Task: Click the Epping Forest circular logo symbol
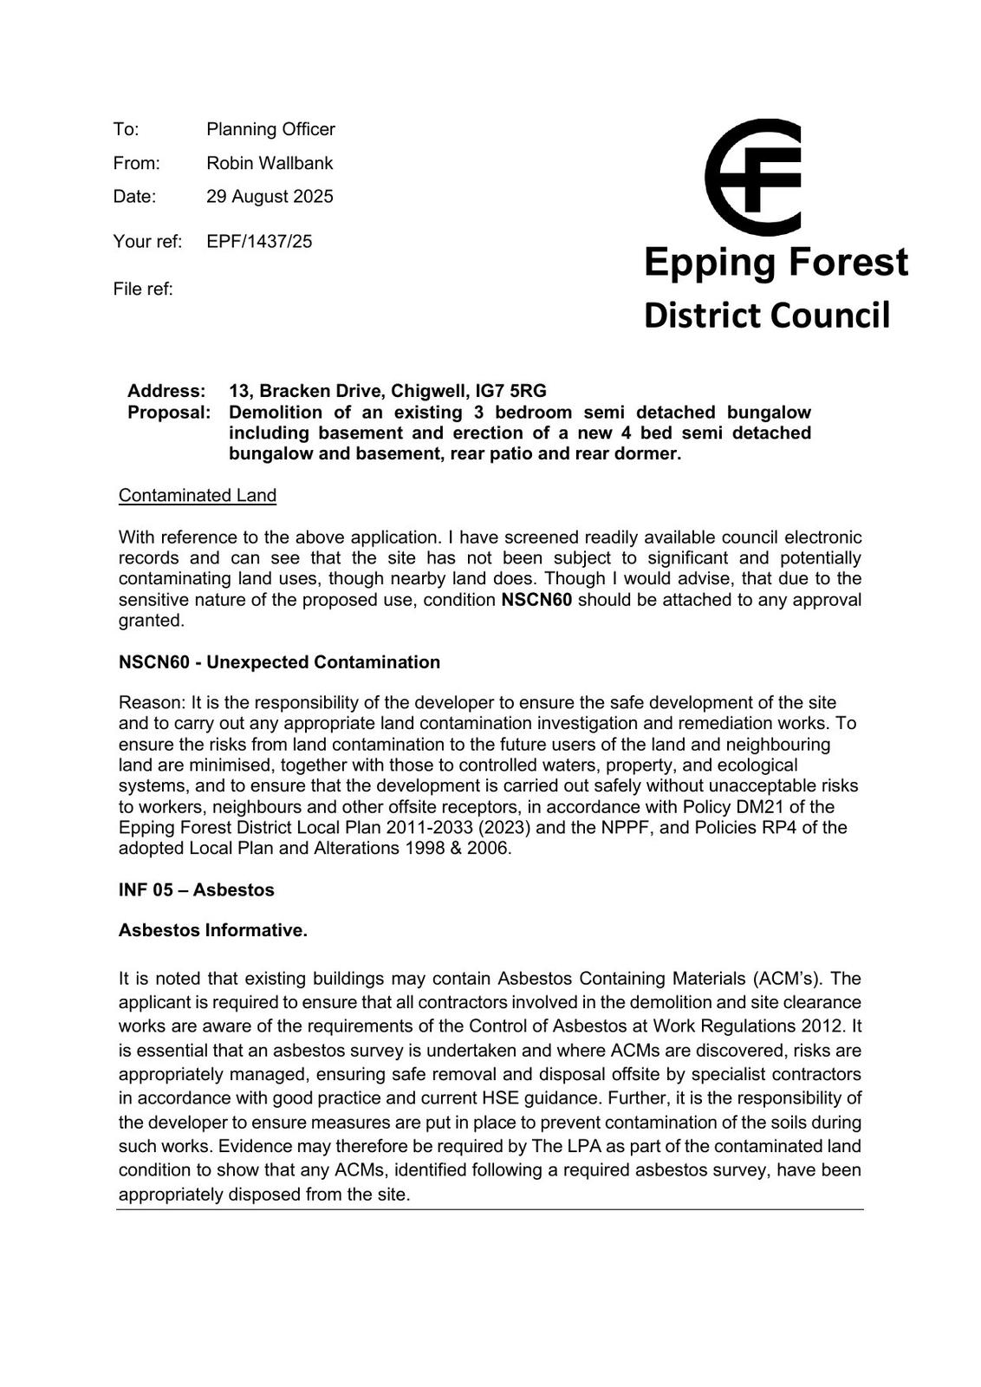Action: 753,177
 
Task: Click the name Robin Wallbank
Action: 270,163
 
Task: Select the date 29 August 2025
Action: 270,197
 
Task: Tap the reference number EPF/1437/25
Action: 259,241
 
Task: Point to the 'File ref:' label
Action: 143,289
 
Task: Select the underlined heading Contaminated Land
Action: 198,495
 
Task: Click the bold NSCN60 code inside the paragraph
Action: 536,600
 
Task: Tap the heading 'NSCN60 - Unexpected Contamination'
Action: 279,662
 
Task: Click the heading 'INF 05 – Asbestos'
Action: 196,890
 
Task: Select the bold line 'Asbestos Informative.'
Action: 213,930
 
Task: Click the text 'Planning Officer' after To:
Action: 270,129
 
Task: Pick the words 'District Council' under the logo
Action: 766,315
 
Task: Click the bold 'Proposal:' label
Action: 169,412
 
